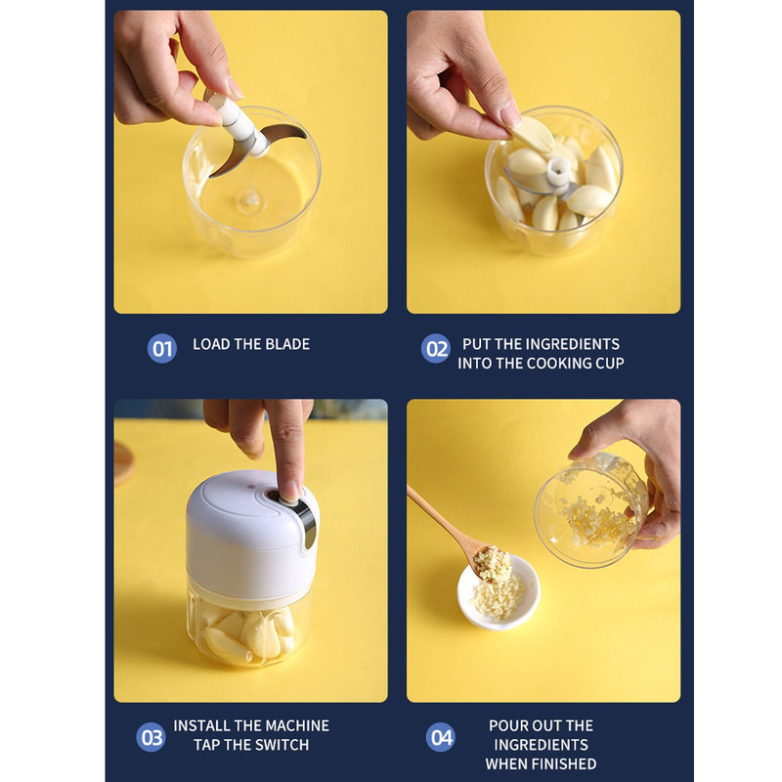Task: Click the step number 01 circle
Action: [162, 349]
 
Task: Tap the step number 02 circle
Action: [436, 349]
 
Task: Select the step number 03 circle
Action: [152, 737]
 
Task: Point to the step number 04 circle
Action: [441, 737]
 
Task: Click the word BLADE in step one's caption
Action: [287, 344]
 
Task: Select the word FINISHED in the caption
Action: [565, 763]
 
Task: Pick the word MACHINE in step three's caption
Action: [298, 725]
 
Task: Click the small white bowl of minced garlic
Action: [499, 591]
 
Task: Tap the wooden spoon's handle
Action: [435, 515]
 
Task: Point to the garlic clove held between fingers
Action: [532, 134]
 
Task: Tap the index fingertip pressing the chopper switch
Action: [289, 491]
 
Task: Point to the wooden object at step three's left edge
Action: [124, 463]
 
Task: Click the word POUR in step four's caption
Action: [507, 725]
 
